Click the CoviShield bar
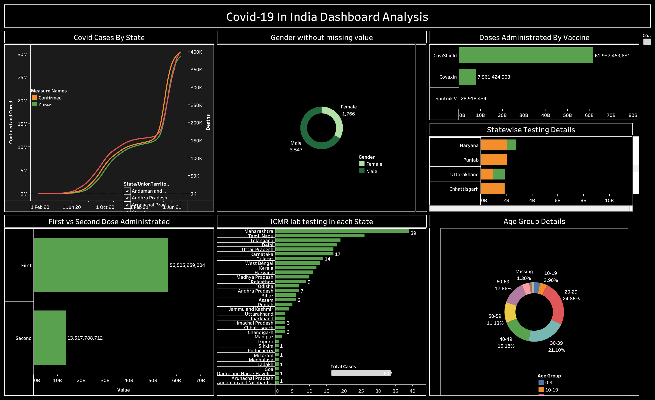[x=526, y=55]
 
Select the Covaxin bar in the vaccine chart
[x=467, y=77]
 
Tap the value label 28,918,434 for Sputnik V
[x=473, y=98]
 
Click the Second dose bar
[x=50, y=338]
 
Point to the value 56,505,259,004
[x=187, y=265]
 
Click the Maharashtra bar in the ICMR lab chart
[x=342, y=231]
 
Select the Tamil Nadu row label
[x=260, y=236]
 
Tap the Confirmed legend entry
[x=50, y=98]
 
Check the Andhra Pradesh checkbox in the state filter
[x=127, y=198]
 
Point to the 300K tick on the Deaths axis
[x=196, y=87]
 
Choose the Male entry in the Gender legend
[x=371, y=171]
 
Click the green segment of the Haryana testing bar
[x=511, y=145]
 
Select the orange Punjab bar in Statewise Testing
[x=494, y=160]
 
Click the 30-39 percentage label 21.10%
[x=556, y=350]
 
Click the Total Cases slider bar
[x=361, y=373]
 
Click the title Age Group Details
[x=534, y=221]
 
